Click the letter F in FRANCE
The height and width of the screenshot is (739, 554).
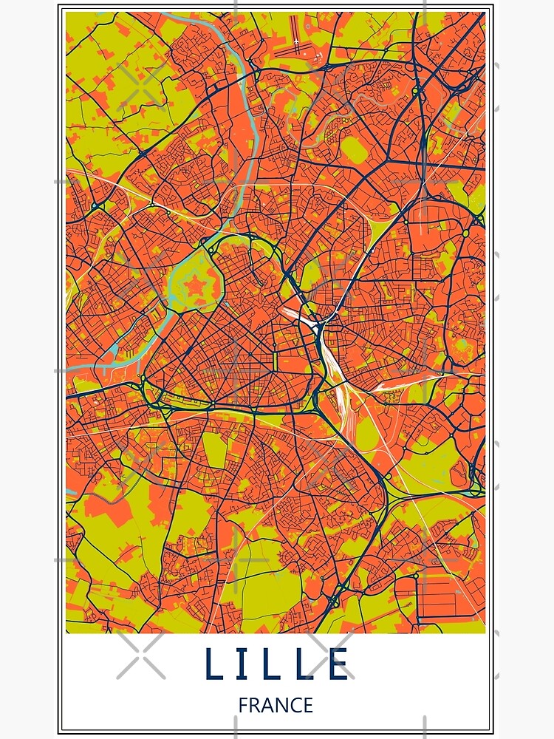click(x=243, y=706)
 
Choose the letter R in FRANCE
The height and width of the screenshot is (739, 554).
click(x=256, y=706)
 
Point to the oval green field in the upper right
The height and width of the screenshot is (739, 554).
click(x=354, y=151)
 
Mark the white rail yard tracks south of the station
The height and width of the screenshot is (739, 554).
click(x=343, y=399)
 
